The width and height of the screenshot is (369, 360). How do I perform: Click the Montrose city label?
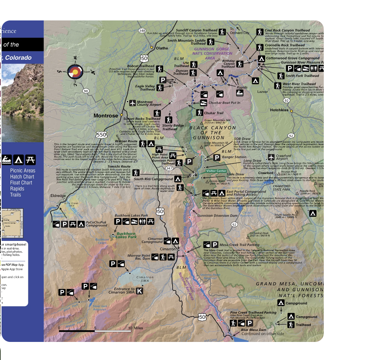105,116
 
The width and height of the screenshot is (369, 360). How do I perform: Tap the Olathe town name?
162,48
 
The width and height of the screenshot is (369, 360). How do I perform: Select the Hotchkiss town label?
279,110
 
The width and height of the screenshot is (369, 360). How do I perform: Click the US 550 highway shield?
101,135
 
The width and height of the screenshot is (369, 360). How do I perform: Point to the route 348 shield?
142,31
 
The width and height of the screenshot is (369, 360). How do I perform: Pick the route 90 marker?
86,91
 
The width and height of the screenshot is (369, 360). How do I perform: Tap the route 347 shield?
169,168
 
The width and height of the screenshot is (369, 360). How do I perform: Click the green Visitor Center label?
216,171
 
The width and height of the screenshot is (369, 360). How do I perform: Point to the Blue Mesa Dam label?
253,330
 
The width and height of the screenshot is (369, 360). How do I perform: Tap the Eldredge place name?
58,195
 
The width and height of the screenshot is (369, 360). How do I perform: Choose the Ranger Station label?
234,157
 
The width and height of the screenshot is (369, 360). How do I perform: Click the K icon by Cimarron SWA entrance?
139,291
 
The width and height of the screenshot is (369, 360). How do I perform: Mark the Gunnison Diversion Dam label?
217,216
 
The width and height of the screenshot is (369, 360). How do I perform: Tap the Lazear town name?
262,92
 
